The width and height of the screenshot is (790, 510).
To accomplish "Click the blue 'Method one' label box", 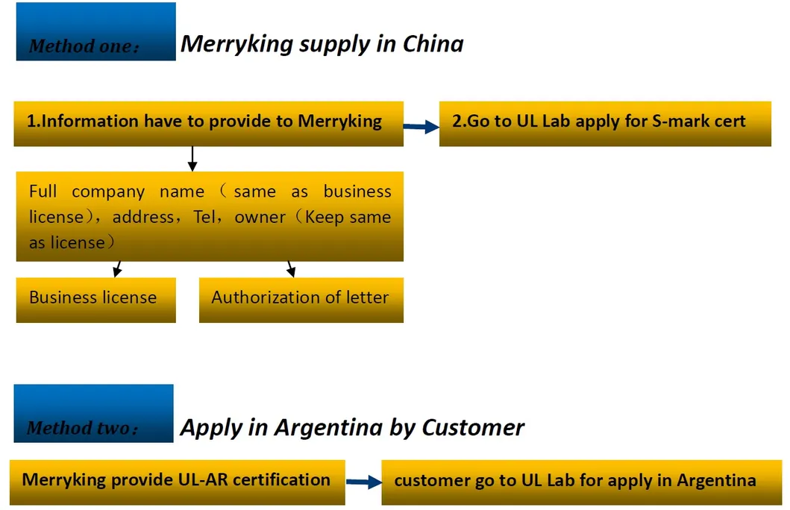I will coord(95,32).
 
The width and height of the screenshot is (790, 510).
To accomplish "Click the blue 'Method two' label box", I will coord(93,413).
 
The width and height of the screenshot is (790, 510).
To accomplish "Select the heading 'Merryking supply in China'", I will coord(322,44).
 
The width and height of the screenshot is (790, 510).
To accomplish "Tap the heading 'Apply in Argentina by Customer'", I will coord(352,428).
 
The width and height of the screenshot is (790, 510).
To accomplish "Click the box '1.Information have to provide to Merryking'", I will coord(208,123).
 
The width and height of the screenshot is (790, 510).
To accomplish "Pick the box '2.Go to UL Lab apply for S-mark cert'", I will coord(604,123).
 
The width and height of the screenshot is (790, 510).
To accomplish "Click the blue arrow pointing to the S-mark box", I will coord(421,127).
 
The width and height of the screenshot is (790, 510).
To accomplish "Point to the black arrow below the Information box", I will coord(192,158).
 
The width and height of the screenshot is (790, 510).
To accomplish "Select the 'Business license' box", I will coord(95,300).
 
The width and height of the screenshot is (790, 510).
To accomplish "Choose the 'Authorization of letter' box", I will coord(301,300).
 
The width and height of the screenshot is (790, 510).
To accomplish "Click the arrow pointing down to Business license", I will coord(117,268).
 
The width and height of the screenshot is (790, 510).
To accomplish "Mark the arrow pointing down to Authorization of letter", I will coord(291,268).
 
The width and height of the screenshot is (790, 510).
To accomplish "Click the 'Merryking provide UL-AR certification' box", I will coord(177,482).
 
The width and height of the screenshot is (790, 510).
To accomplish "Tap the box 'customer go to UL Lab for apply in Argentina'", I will coord(575,482).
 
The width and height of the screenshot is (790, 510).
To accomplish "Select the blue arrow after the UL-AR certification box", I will coord(363,482).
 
